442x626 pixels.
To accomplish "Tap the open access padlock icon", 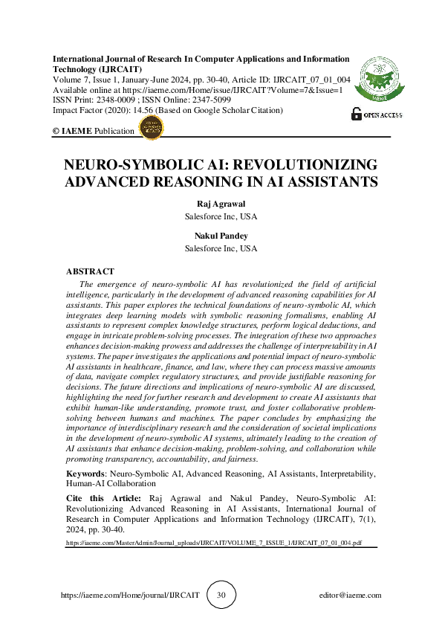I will point(357,114).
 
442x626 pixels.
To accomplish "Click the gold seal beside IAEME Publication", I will point(152,128).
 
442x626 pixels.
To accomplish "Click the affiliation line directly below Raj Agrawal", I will point(221,218).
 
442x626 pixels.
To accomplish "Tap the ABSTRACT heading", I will point(90,272).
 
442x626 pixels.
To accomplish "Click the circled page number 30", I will point(221,595).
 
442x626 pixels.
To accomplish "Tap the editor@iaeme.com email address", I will point(348,596).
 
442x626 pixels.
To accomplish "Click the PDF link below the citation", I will point(214,543).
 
